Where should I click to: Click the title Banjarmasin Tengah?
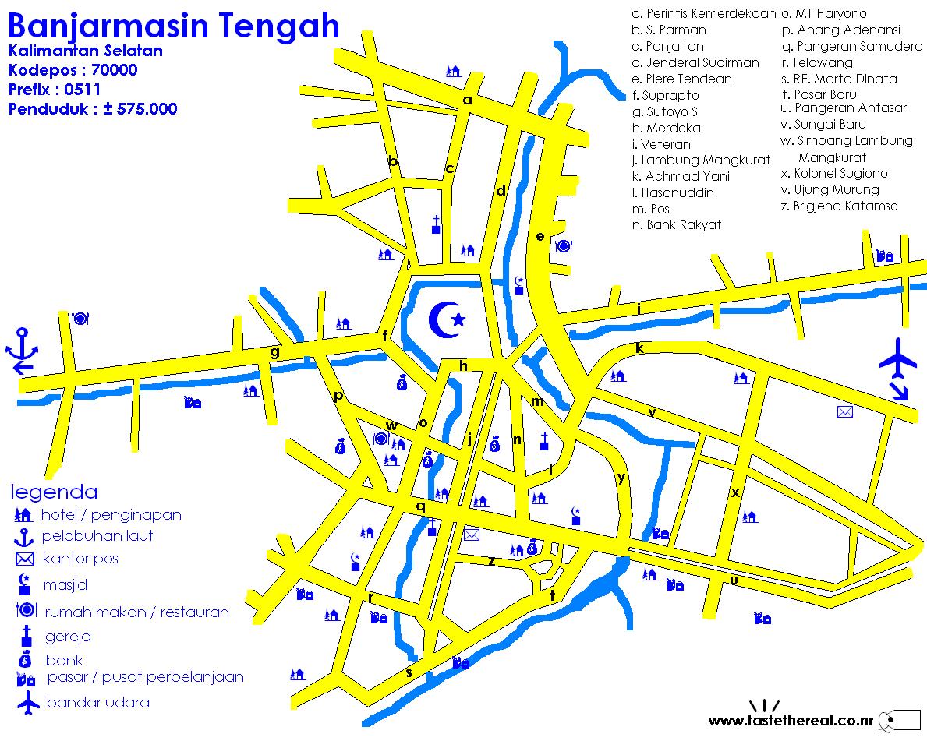click(x=174, y=26)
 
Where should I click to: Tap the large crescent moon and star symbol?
click(x=448, y=319)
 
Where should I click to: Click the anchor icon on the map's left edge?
click(x=21, y=352)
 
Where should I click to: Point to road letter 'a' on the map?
click(x=468, y=100)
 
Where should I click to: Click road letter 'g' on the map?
click(x=274, y=352)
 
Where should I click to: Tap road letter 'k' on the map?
click(x=639, y=348)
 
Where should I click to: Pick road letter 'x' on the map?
click(x=734, y=492)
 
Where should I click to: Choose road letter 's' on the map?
click(x=409, y=672)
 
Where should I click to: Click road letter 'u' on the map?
click(x=734, y=580)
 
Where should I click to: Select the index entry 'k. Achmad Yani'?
click(x=681, y=176)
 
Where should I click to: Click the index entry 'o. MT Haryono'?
click(x=823, y=13)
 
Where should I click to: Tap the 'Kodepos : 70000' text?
click(x=73, y=70)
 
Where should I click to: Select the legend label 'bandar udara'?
click(x=97, y=702)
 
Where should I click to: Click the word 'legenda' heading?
click(x=54, y=492)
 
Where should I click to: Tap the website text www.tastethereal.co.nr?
click(x=791, y=720)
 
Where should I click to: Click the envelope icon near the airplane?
click(x=844, y=411)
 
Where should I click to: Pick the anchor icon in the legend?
click(x=24, y=536)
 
